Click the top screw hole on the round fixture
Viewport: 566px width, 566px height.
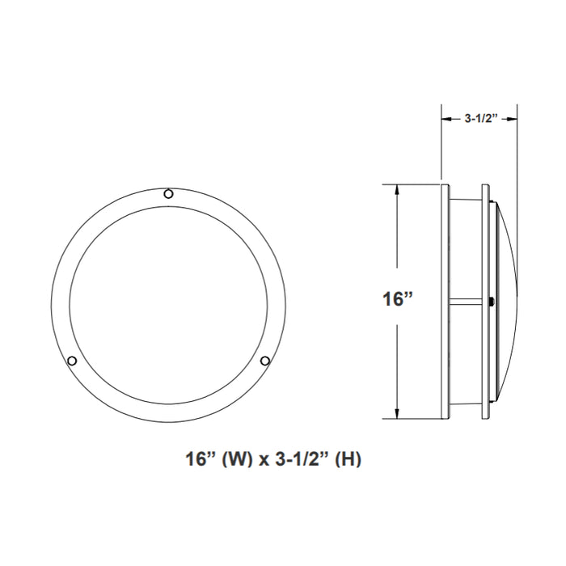168,193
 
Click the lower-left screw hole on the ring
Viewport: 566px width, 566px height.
72,360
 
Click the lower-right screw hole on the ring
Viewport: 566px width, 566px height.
264,360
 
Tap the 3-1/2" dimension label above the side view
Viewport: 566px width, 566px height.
479,118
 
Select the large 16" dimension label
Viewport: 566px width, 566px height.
398,299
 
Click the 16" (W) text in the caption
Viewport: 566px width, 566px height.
213,460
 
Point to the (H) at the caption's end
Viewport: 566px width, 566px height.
348,460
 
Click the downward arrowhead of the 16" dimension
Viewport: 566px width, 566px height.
396,413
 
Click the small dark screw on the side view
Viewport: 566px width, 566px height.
492,302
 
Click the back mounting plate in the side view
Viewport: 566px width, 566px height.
446,301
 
